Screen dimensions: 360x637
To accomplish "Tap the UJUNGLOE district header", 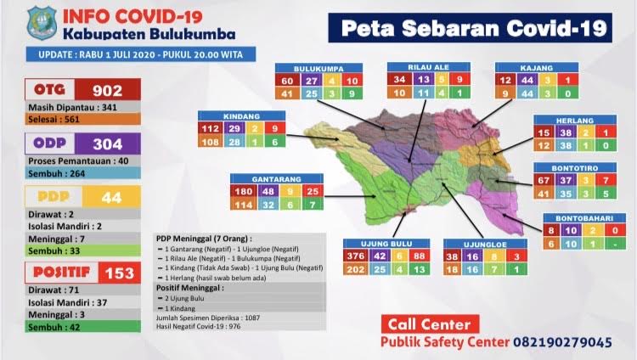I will pyautogui.click(x=482, y=243).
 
